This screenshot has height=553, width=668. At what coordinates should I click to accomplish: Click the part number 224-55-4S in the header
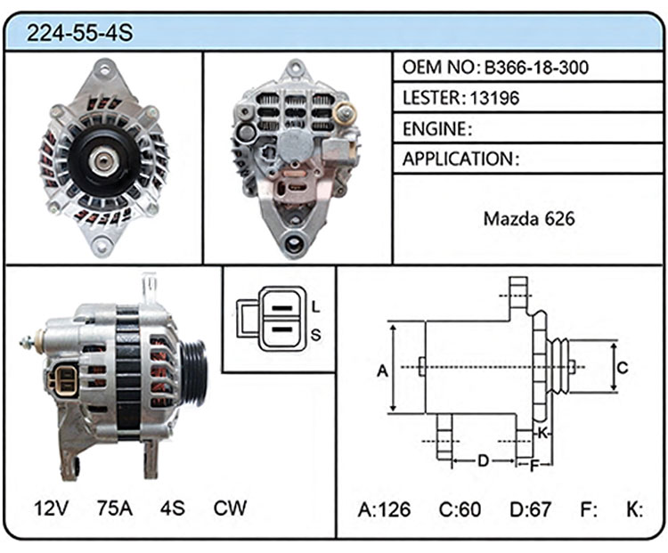(79, 33)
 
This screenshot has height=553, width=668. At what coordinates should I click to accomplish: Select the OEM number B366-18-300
(536, 68)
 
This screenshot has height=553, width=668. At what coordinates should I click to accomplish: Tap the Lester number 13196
(494, 99)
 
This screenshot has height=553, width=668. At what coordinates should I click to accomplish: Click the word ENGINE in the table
(435, 129)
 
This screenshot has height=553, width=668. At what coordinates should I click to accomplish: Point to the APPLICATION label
(458, 159)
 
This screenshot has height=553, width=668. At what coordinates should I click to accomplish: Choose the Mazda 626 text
(529, 219)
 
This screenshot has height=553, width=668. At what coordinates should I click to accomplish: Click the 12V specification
(51, 508)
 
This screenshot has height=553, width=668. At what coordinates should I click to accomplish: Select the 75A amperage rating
(115, 508)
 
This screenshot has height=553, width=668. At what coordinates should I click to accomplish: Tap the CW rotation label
(230, 508)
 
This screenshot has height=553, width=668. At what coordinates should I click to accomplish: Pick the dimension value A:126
(384, 509)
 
